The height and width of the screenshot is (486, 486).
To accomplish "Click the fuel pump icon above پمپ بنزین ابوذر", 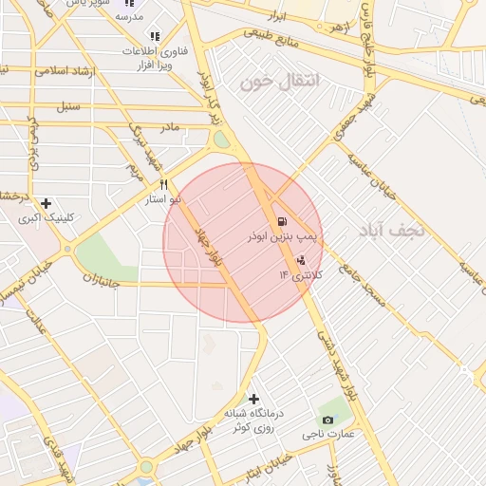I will point(281,221).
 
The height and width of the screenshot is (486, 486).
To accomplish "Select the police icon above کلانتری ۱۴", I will point(302,259).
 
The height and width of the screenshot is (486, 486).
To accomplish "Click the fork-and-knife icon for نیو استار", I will point(164,184).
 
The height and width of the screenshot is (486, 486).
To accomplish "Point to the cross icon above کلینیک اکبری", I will point(46,202).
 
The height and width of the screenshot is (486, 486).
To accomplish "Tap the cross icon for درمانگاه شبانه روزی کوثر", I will point(252,399).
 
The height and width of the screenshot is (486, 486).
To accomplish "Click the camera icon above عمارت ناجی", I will point(327,420).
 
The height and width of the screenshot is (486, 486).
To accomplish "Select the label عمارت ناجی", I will point(327,434).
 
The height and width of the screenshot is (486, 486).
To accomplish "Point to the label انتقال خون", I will point(281,82).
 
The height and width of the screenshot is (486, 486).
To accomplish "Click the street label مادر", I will point(169,126).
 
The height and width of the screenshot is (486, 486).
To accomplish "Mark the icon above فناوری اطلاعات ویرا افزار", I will point(154,36).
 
